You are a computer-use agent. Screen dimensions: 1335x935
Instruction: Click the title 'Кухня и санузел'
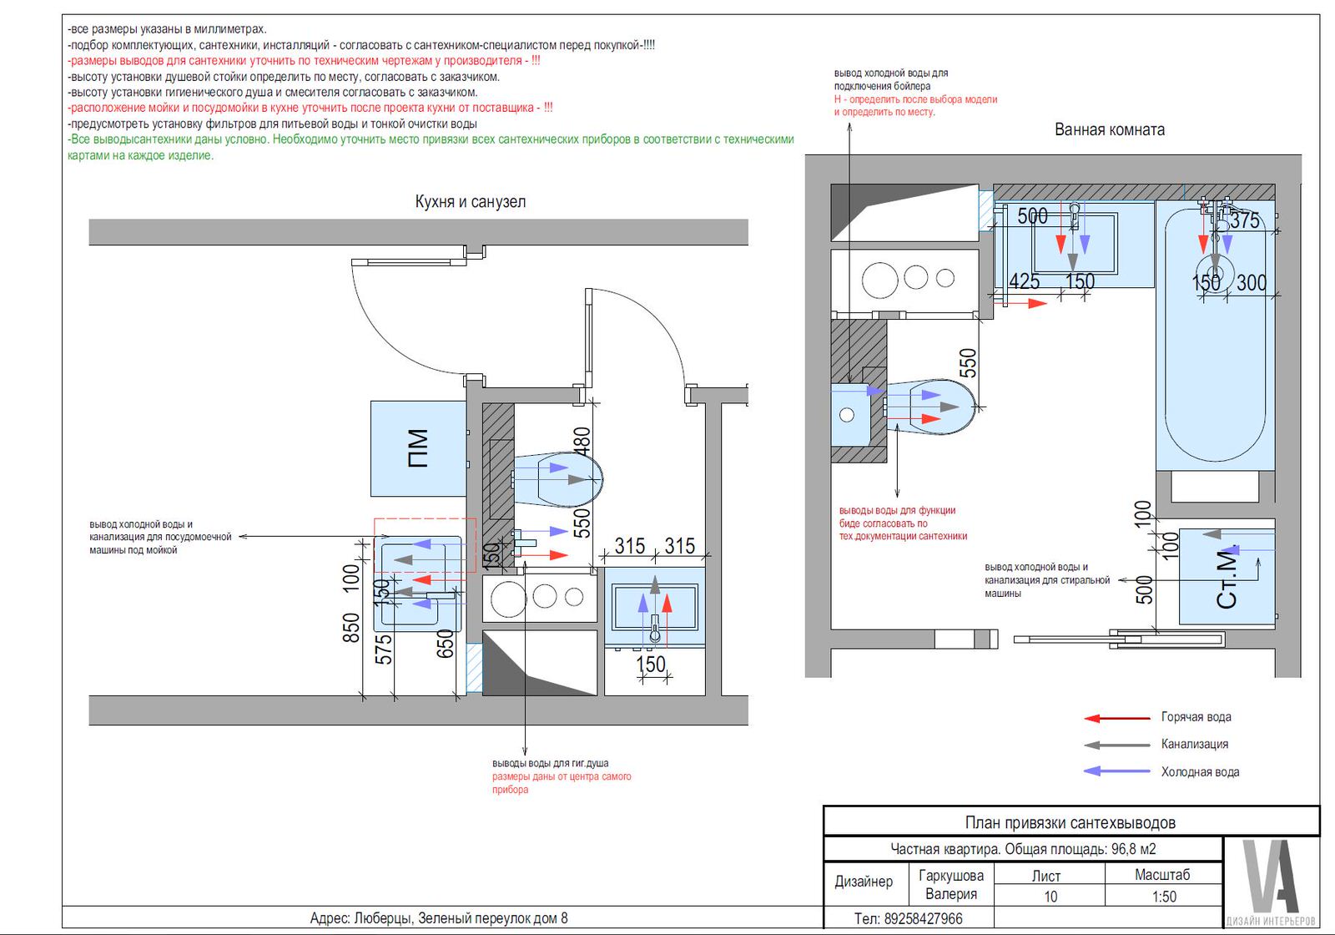pyautogui.click(x=471, y=201)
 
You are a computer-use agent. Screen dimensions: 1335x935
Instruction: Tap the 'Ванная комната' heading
pyautogui.click(x=1109, y=129)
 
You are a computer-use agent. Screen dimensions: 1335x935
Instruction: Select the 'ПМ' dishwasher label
pyautogui.click(x=418, y=447)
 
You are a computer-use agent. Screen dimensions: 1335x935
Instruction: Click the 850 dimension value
pyautogui.click(x=351, y=628)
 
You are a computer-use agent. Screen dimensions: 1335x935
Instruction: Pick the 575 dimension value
pyautogui.click(x=383, y=649)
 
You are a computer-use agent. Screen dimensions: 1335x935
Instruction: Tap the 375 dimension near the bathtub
pyautogui.click(x=1245, y=220)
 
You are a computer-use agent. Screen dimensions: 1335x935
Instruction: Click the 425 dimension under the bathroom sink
pyautogui.click(x=1025, y=280)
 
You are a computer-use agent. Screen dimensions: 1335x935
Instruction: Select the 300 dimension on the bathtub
pyautogui.click(x=1251, y=283)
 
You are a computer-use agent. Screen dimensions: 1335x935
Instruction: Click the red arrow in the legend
pyautogui.click(x=1117, y=718)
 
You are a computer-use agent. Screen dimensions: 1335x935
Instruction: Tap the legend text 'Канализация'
pyautogui.click(x=1194, y=744)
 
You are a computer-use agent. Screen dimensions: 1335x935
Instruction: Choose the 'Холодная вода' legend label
pyautogui.click(x=1200, y=771)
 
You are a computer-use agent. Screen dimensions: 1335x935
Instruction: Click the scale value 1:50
pyautogui.click(x=1164, y=897)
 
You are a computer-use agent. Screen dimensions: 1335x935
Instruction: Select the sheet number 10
pyautogui.click(x=1050, y=897)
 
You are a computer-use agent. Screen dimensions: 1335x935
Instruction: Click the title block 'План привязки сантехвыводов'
pyautogui.click(x=1071, y=823)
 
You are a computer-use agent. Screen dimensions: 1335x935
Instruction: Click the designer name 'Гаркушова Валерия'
pyautogui.click(x=951, y=884)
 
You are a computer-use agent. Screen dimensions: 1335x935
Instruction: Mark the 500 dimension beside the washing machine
pyautogui.click(x=1144, y=589)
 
